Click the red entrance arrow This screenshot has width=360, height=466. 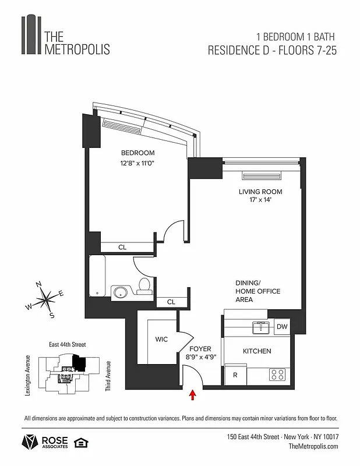[193, 396]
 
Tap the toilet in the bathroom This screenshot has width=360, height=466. [144, 285]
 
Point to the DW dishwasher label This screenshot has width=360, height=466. [282, 327]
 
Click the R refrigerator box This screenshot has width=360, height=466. [235, 375]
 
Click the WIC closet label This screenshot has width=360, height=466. [161, 339]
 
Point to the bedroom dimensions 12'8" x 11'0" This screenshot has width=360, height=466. [137, 164]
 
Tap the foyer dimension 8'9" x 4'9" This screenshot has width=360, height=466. [200, 358]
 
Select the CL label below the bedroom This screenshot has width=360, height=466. [122, 248]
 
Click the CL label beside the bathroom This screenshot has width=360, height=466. [171, 302]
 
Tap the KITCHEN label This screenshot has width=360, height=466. [256, 351]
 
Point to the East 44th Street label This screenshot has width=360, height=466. [63, 345]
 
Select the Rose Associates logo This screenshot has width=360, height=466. [45, 442]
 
